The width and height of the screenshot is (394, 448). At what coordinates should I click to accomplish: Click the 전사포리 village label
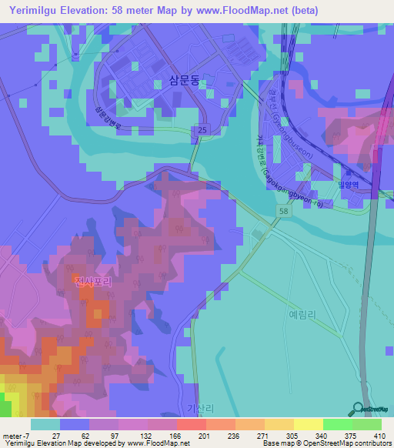coord(94,283)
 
